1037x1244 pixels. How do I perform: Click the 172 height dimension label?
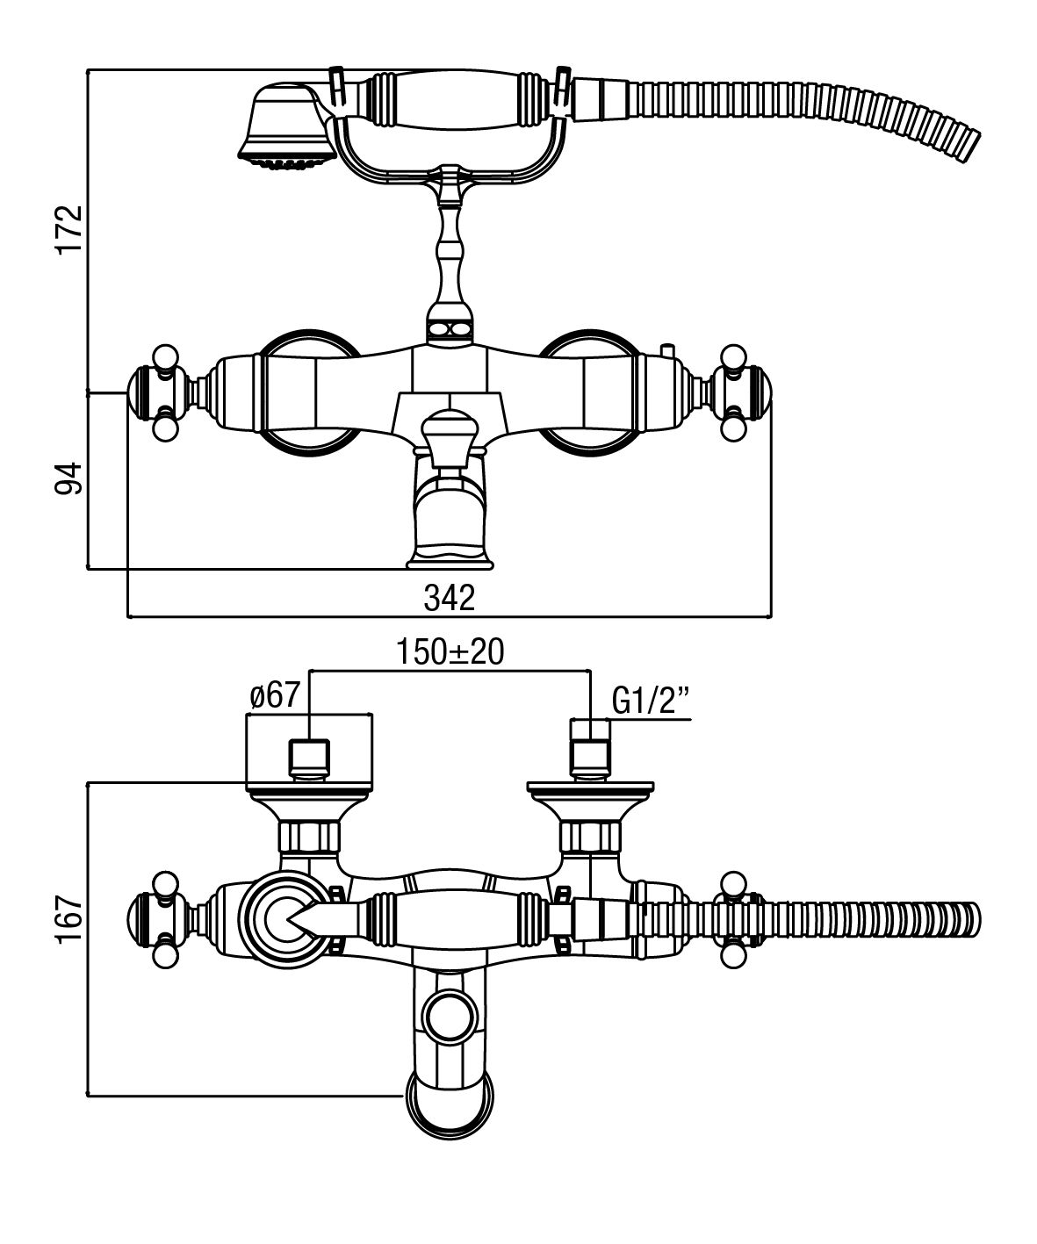pos(69,230)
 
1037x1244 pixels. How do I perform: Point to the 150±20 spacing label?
pos(449,652)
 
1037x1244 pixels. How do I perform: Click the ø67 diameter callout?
pos(276,698)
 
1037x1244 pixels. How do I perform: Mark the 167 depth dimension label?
pos(69,918)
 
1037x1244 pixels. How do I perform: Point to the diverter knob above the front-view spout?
pos(450,430)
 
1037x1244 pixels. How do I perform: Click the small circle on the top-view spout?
pos(450,1018)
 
